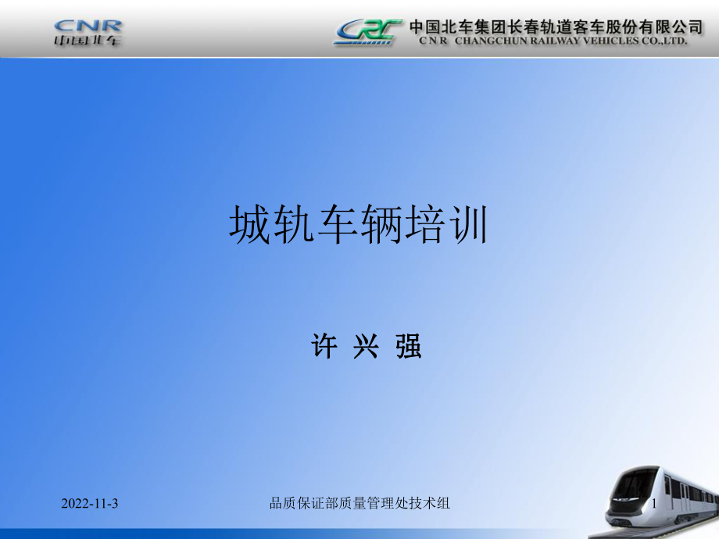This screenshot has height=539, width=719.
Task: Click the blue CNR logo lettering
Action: (x=88, y=26)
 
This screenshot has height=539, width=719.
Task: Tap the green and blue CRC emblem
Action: (x=368, y=32)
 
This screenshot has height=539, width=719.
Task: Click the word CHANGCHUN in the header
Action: (x=491, y=41)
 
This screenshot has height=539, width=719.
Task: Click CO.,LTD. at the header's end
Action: (x=664, y=41)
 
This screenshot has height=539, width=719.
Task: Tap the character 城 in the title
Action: (x=249, y=225)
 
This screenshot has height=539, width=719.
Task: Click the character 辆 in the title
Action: (x=381, y=225)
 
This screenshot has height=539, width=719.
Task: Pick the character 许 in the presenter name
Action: (x=324, y=346)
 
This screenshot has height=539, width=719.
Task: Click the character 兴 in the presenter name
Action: (x=366, y=346)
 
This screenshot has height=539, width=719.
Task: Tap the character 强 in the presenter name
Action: (x=408, y=346)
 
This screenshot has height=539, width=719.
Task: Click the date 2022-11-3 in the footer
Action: (x=89, y=504)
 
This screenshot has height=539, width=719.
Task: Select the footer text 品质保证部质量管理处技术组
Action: (x=359, y=503)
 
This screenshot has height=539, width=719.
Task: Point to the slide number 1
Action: (x=654, y=503)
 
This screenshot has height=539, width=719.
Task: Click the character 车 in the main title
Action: (x=338, y=225)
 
